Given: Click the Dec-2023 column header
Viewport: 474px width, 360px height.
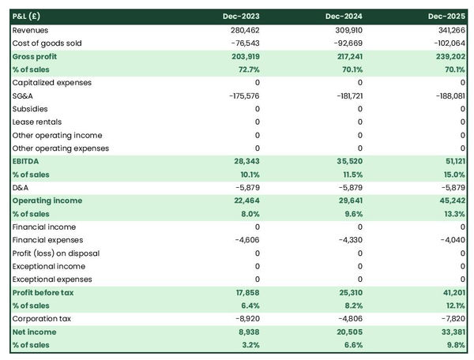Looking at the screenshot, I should click(242, 17).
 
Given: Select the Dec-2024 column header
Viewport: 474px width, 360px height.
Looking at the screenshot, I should click(345, 17).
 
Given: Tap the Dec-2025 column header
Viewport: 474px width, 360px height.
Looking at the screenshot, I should click(448, 17).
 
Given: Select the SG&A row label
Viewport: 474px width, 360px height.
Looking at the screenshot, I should click(23, 96).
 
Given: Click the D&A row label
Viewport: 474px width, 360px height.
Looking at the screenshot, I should click(21, 187).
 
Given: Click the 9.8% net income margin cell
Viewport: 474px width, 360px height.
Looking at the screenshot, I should click(454, 345).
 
